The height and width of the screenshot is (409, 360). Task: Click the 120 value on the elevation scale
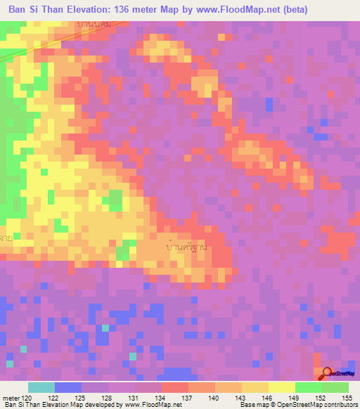pos(28,398)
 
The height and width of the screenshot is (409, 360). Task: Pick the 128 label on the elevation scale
pos(108,398)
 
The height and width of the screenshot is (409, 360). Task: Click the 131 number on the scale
pos(134,398)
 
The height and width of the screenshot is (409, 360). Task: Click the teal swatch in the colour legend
pos(41,387)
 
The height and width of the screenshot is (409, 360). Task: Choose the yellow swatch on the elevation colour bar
pos(281,387)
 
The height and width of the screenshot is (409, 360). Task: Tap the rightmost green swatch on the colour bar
pos(335,387)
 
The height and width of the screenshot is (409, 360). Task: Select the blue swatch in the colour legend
pos(67,387)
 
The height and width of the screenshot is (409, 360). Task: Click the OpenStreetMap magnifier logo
pos(327,373)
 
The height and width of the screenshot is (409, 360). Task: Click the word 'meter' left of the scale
pos(10,398)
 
